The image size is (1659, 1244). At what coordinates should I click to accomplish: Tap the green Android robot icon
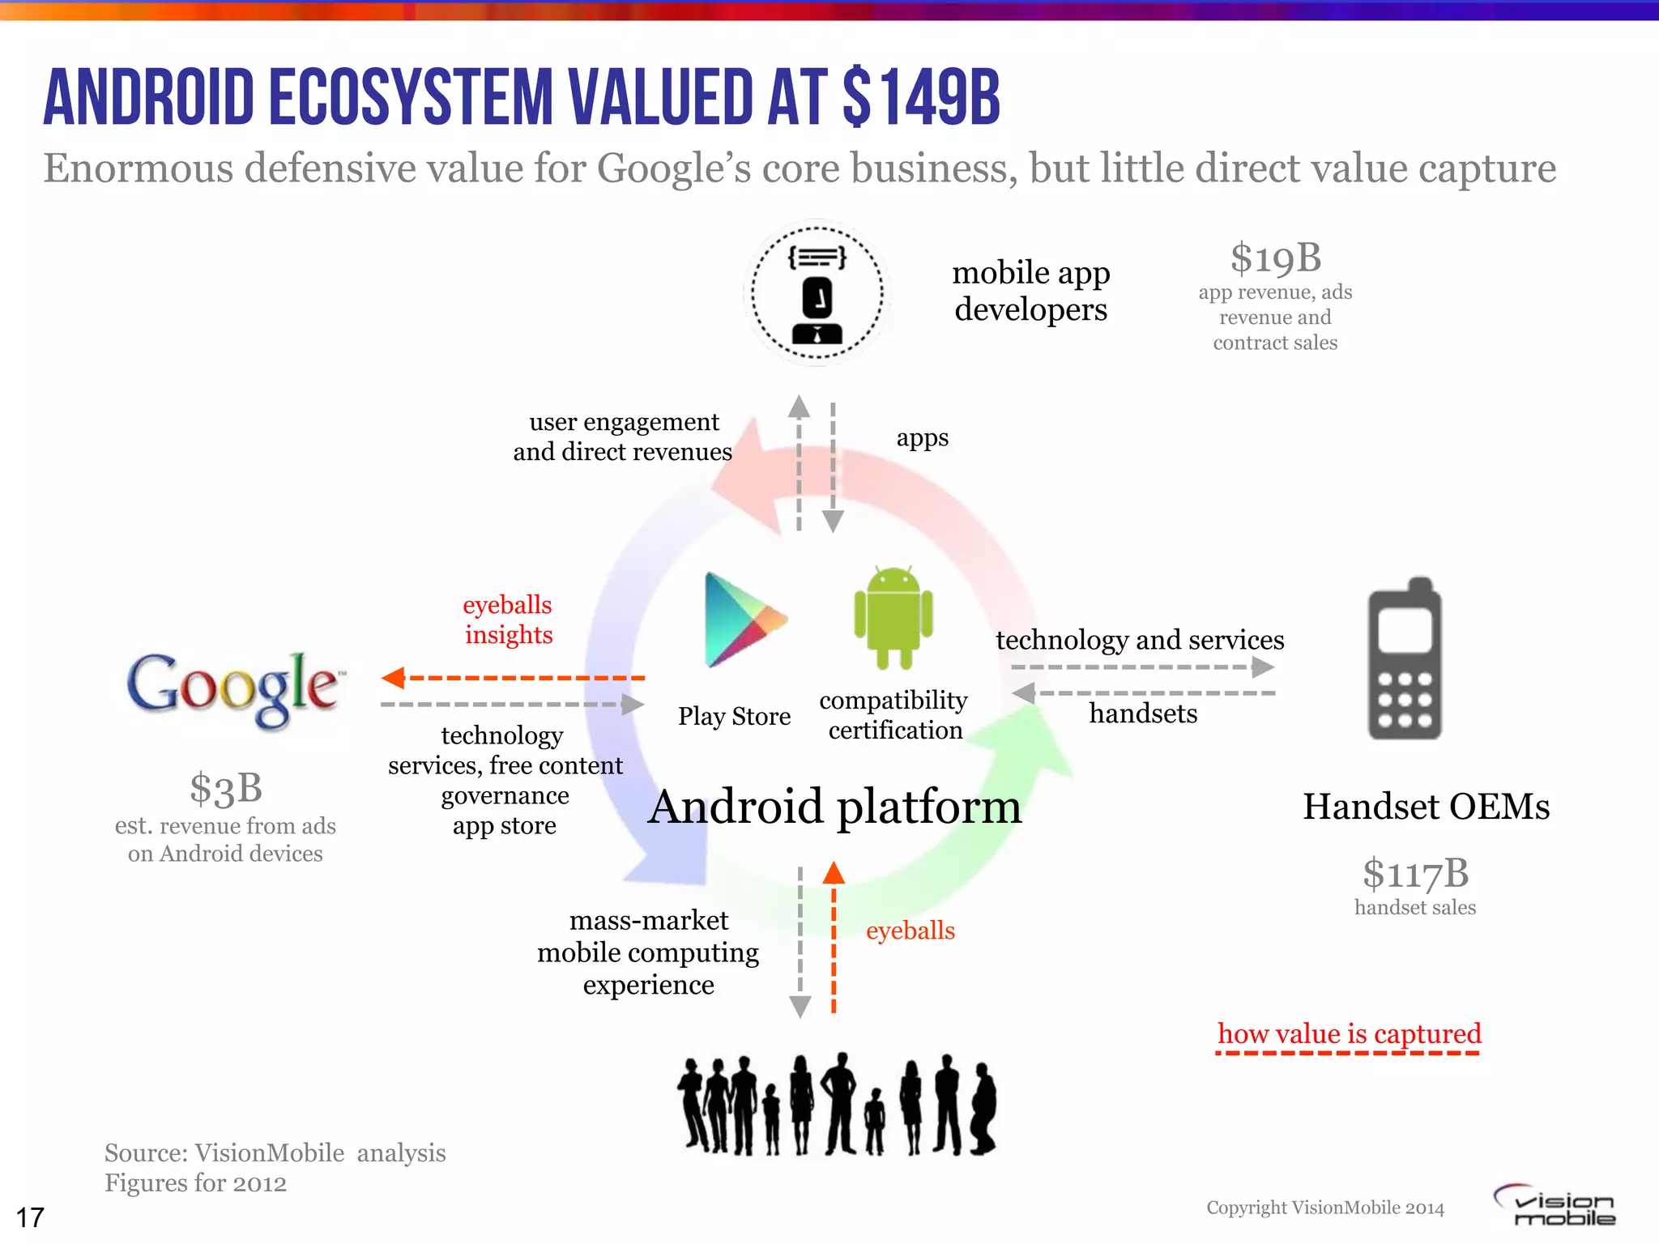coord(893,617)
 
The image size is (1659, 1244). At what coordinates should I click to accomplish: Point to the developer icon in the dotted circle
coord(817,293)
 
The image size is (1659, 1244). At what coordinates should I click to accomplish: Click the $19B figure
coord(1276,258)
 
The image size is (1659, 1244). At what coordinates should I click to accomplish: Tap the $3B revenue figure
coord(226,788)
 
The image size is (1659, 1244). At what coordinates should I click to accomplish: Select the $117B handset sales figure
coord(1415,874)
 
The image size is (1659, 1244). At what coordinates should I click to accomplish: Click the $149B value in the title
coord(921,98)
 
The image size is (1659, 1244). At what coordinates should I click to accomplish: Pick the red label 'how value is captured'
coord(1349,1034)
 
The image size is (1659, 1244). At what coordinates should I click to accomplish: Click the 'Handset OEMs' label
coord(1426,807)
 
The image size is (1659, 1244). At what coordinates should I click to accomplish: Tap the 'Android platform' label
coord(834,807)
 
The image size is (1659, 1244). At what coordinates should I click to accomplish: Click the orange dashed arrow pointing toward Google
coord(512,677)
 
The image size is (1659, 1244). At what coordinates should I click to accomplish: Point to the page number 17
coord(30,1217)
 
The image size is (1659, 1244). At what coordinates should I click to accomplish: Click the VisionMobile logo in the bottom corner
coord(1555,1206)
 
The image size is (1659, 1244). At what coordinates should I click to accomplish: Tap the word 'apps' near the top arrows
coord(922,438)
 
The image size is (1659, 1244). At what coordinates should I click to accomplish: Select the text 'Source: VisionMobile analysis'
coord(275,1152)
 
